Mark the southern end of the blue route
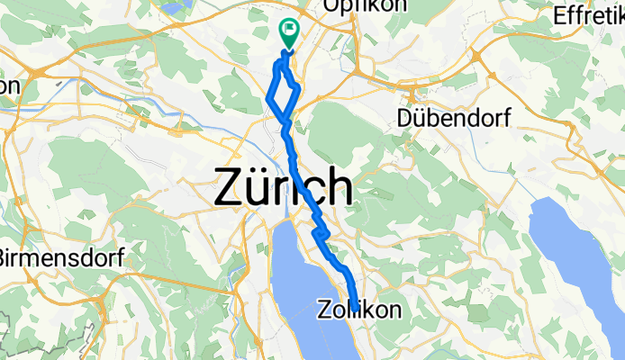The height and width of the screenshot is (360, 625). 355,307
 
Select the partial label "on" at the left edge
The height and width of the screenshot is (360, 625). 9,85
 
